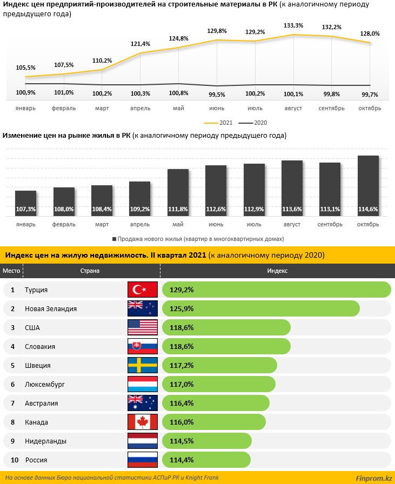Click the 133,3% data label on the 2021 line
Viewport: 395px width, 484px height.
point(293,25)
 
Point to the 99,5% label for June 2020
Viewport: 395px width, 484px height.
point(217,93)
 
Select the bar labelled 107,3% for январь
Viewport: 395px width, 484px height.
point(26,203)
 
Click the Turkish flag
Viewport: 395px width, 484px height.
point(142,290)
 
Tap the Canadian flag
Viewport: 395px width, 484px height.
point(142,422)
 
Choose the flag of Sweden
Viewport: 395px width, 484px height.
point(142,365)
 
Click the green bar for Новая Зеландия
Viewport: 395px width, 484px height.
point(260,308)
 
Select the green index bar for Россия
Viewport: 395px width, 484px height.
point(206,460)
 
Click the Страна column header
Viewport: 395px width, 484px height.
point(90,271)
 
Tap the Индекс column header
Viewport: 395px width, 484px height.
point(277,271)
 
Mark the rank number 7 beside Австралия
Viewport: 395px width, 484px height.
point(12,403)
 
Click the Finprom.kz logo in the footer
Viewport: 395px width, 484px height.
point(373,478)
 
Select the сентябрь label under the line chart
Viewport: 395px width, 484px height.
point(331,108)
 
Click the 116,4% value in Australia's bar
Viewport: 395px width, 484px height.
point(182,403)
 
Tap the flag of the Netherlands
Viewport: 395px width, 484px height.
point(142,441)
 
